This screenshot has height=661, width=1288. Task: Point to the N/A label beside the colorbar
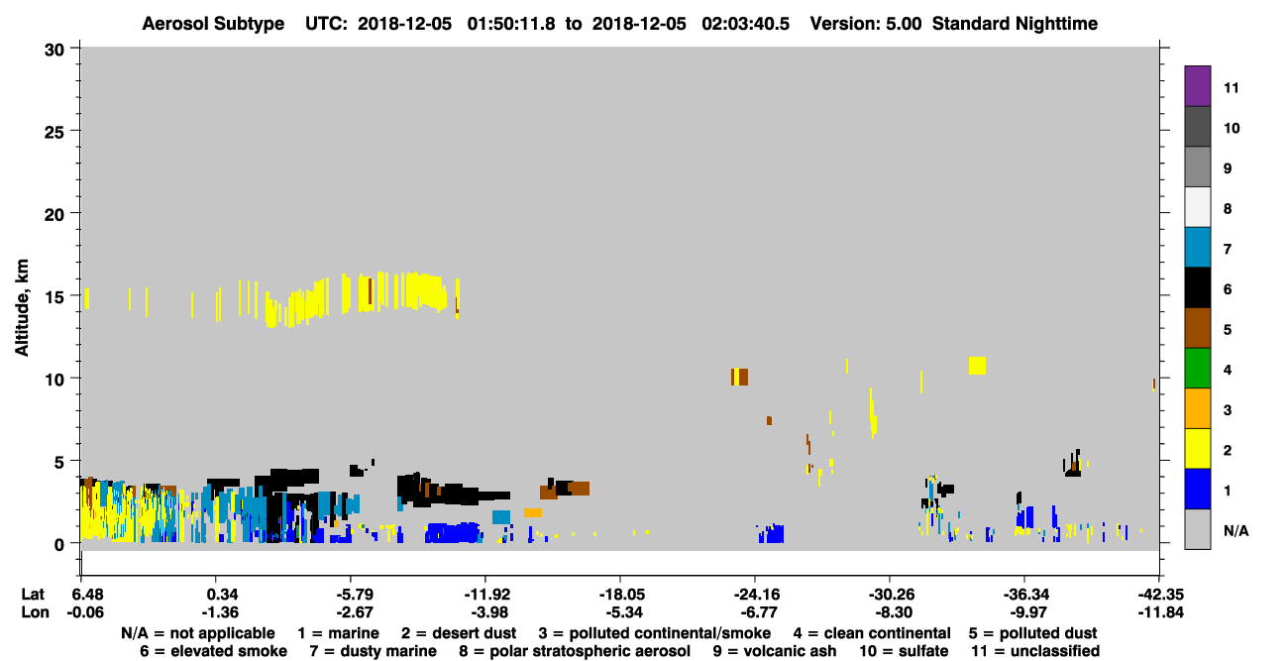point(1235,530)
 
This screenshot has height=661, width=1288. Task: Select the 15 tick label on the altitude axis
point(54,297)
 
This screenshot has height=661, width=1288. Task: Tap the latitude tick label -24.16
point(756,595)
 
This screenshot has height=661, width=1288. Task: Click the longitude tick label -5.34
point(624,612)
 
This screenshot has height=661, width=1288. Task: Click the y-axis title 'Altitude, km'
point(22,307)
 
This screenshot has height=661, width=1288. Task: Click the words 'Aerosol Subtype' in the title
point(213,24)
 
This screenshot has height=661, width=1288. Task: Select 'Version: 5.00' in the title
point(866,24)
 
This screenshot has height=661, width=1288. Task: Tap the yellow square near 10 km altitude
point(977,366)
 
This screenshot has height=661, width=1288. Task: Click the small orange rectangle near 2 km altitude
point(532,512)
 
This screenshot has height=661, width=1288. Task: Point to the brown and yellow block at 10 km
point(739,377)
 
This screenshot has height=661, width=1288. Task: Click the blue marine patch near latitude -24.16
point(771,534)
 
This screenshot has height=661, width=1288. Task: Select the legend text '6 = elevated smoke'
point(213,651)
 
